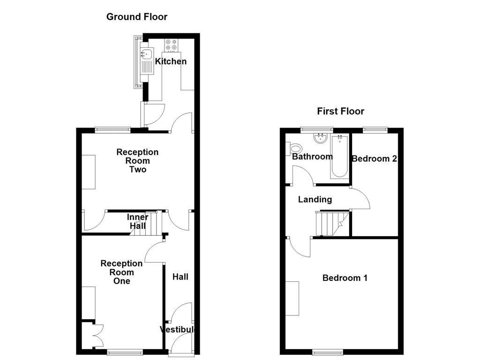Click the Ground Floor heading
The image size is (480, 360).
(x=136, y=17)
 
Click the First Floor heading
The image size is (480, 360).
(x=340, y=111)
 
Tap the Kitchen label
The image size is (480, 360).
(x=171, y=61)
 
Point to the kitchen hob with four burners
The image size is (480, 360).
(x=171, y=45)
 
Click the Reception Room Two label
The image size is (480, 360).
(x=137, y=161)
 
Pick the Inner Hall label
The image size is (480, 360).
(x=138, y=221)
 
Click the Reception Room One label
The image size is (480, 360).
(x=121, y=272)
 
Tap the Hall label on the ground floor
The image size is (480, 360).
(x=180, y=277)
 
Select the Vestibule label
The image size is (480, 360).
(x=177, y=330)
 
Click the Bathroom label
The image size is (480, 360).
(x=312, y=157)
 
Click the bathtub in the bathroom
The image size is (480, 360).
(x=340, y=157)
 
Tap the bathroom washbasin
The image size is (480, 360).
(x=321, y=138)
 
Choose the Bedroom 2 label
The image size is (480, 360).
(x=374, y=158)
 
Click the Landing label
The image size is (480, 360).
(x=315, y=199)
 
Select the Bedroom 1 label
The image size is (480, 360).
(x=345, y=278)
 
